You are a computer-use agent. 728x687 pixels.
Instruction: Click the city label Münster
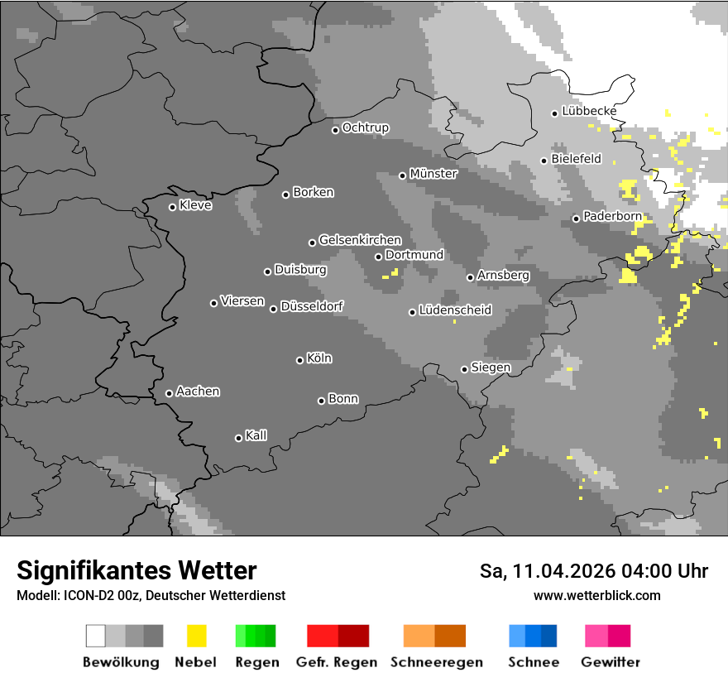433,174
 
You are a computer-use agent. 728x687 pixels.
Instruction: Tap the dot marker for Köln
299,360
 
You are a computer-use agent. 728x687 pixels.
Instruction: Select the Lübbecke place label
589,111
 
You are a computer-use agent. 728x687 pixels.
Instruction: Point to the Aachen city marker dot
169,393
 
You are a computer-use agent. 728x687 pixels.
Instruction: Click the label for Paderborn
612,216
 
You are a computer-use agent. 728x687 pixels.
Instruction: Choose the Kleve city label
195,205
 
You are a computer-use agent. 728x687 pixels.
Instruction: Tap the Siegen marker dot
464,369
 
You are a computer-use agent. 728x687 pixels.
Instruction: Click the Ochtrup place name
365,127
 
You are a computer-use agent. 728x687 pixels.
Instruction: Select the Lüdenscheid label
455,310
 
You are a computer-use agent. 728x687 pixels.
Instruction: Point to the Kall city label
256,435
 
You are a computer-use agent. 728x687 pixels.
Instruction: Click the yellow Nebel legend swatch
196,636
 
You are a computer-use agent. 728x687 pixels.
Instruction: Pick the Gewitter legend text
611,662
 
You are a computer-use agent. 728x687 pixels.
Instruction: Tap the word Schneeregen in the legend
437,662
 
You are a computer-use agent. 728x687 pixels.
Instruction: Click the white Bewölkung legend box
96,636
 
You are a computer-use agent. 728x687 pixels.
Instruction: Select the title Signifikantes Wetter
136,570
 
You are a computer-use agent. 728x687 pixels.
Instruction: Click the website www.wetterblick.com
596,595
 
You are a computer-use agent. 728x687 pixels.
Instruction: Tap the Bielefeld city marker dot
544,161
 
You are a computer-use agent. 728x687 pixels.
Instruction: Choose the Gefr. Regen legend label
337,662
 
